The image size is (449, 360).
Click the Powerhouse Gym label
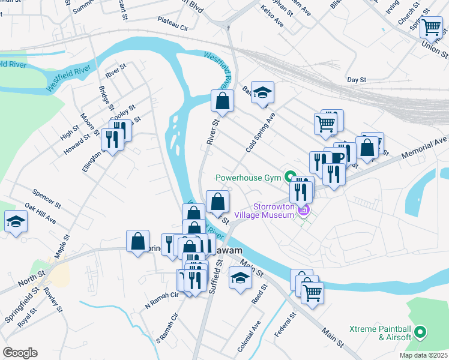[249, 177]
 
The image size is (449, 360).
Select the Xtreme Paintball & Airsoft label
[381, 333]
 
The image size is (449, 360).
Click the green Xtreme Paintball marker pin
[420, 331]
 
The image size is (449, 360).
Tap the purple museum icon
[304, 209]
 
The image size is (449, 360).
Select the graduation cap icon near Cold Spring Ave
[262, 92]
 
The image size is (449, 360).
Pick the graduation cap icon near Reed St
[241, 278]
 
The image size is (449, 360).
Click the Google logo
[19, 352]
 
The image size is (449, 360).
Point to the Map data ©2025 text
[423, 355]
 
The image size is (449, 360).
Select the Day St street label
[357, 79]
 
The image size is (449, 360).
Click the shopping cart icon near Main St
[312, 292]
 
